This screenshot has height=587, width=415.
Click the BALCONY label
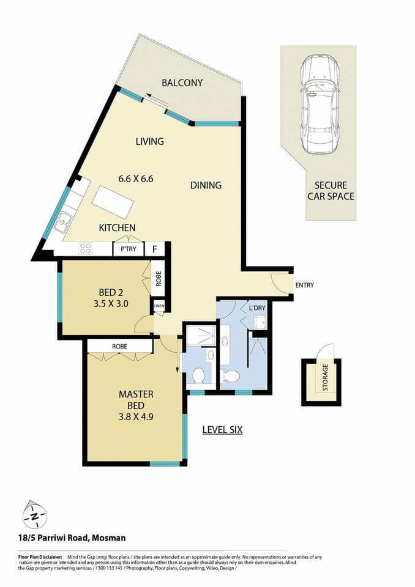point(182,83)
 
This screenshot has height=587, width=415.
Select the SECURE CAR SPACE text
point(331,191)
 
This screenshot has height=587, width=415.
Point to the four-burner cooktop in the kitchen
point(86,249)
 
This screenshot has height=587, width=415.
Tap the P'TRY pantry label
point(128,249)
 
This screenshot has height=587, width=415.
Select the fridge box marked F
point(154,249)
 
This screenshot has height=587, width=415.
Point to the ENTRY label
point(305,286)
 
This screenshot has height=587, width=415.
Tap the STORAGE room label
point(325,378)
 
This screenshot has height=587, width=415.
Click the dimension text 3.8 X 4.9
point(135,405)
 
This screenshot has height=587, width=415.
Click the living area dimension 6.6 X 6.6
point(135,179)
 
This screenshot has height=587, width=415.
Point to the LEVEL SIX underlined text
point(222,430)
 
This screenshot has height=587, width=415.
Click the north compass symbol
point(35,515)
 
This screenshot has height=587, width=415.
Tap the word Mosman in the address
point(109,538)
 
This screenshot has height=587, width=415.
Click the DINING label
point(205,185)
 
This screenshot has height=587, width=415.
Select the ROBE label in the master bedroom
point(119,346)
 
